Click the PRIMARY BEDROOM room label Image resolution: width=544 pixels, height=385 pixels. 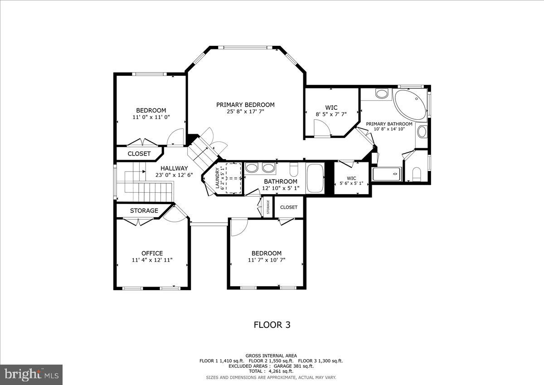point(245,105)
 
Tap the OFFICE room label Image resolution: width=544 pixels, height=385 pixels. point(152,253)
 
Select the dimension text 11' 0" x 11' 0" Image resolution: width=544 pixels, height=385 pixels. point(151,117)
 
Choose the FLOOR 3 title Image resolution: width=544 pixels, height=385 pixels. point(272,325)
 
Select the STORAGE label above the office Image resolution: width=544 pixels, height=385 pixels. point(144,211)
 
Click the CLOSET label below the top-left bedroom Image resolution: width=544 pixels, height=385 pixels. point(139,154)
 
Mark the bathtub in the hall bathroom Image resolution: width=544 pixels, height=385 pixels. point(315,179)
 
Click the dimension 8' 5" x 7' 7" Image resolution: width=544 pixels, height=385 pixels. point(331,114)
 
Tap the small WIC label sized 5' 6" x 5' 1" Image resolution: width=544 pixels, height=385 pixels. point(351,178)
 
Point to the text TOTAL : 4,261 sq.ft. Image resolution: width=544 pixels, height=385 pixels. point(271,371)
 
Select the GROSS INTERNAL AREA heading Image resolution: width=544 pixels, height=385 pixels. point(271,356)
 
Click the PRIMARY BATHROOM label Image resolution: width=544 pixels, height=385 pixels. point(389,124)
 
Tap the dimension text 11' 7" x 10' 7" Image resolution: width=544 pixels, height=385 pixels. point(267,260)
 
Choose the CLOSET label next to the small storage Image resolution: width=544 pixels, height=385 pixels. point(289,207)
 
